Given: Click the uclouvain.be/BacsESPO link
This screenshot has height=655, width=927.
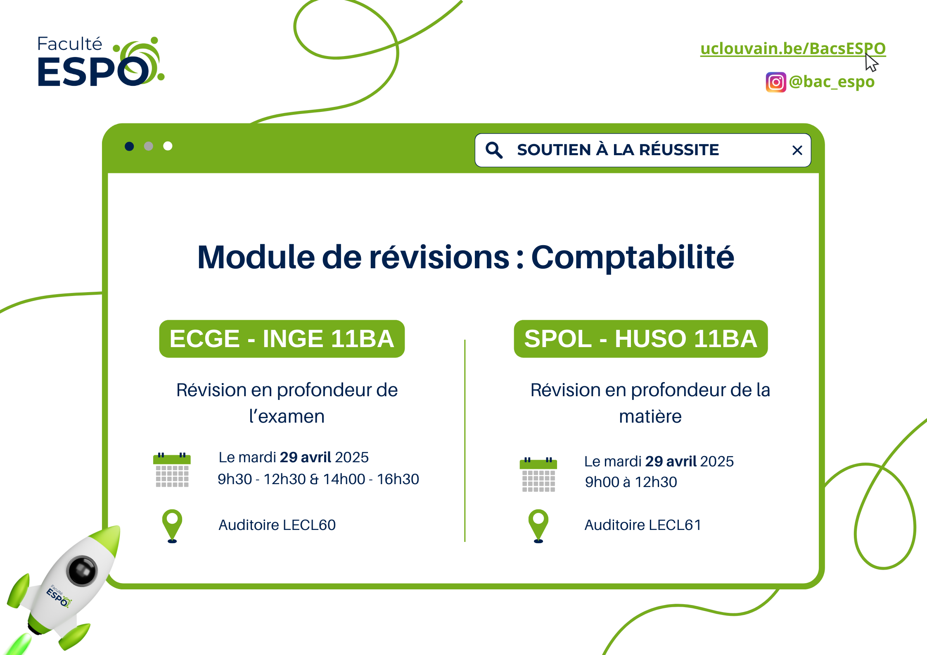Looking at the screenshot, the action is click(793, 49).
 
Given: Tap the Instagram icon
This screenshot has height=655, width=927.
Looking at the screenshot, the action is click(776, 82).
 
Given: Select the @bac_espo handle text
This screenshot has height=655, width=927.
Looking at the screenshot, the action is click(832, 82).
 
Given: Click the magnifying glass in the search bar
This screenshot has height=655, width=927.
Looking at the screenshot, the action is click(494, 150).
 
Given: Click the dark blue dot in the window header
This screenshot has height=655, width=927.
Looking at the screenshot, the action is click(129, 146).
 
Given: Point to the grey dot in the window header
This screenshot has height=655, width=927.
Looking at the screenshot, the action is click(149, 146).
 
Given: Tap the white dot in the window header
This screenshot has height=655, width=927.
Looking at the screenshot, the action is click(168, 146).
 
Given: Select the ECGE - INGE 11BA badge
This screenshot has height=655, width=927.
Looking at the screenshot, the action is click(282, 339).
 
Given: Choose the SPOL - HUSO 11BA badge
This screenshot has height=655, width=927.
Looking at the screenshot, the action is click(641, 339).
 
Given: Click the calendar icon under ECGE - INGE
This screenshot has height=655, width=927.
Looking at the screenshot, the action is click(172, 470).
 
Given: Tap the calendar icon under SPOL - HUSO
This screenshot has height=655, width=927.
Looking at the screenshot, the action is click(538, 475).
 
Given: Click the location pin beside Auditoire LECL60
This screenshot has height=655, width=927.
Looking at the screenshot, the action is click(172, 526).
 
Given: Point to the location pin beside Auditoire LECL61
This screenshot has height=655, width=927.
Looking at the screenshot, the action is click(538, 526).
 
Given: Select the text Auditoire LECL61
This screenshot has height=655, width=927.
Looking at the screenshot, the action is click(643, 525).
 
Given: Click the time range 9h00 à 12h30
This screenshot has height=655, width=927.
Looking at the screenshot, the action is click(631, 482).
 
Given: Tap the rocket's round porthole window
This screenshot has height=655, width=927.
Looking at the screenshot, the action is click(82, 571).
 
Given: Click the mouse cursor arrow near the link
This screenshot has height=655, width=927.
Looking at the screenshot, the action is click(871, 62).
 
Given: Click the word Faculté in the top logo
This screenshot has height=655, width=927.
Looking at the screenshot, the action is click(70, 44).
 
